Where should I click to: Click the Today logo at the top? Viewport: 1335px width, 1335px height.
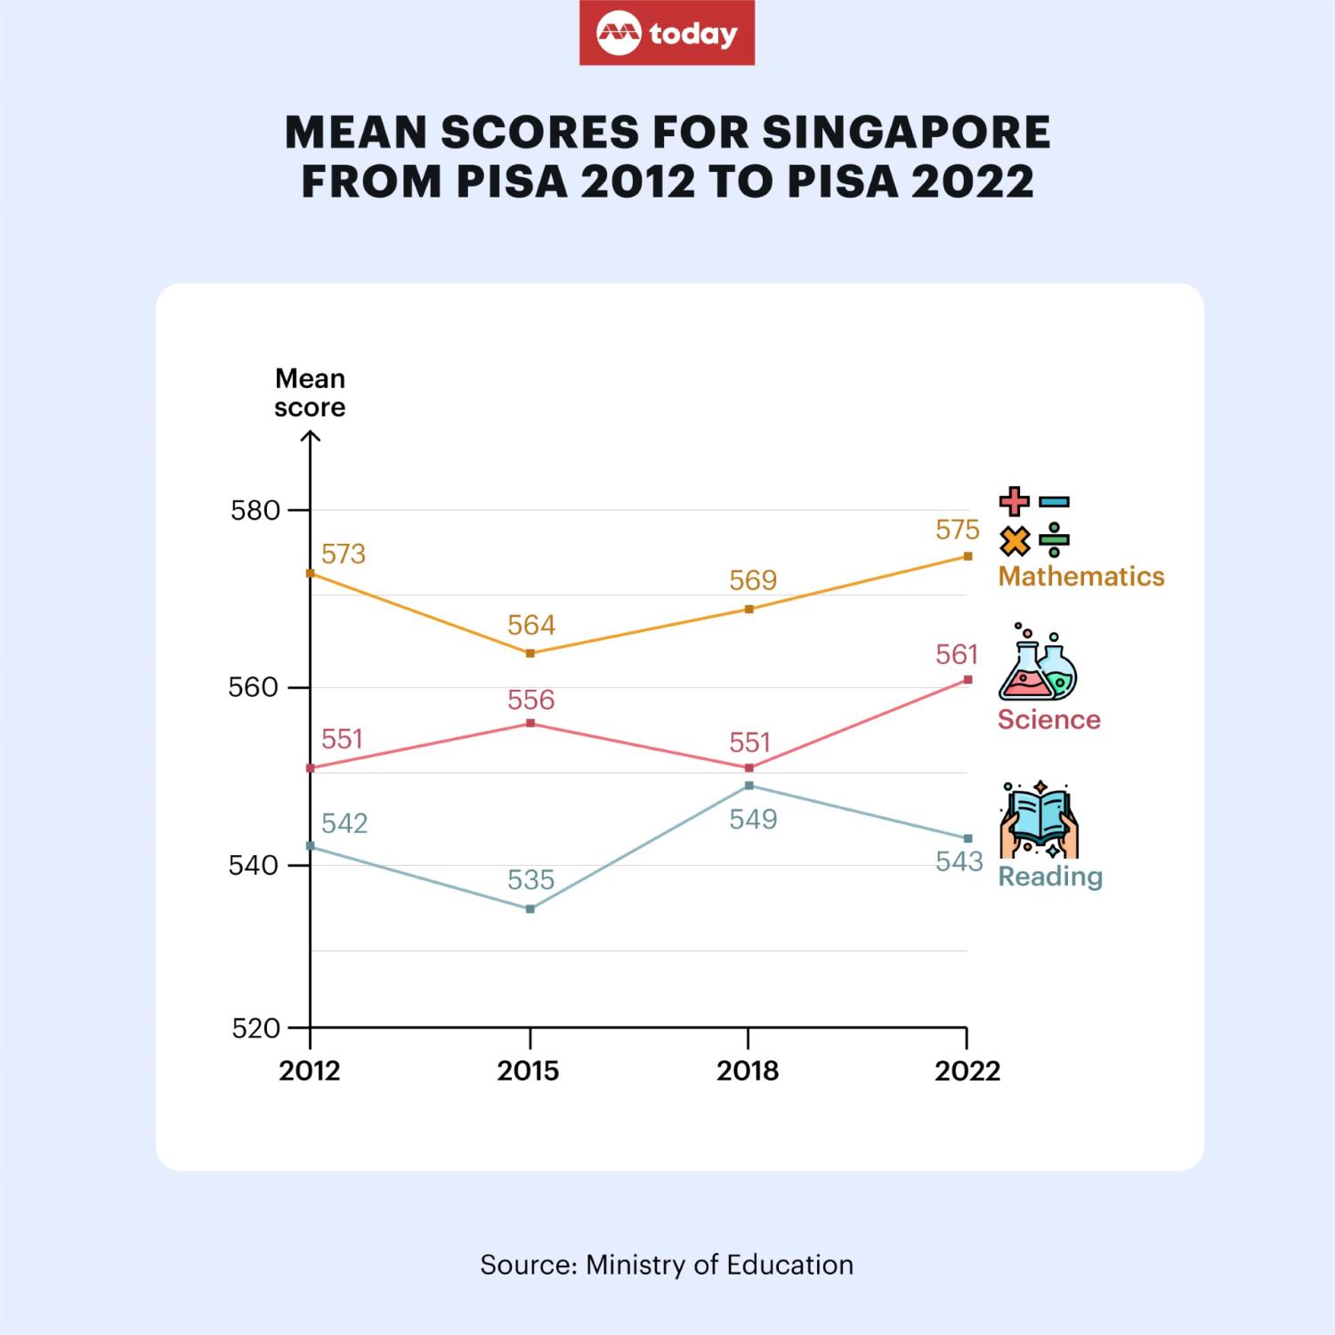click(x=667, y=33)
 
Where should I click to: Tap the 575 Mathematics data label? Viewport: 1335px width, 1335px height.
click(x=957, y=530)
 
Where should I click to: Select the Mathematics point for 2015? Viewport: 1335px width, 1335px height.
click(x=530, y=653)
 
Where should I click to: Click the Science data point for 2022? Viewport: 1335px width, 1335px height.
click(x=967, y=680)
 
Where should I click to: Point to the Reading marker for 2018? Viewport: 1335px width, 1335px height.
click(x=748, y=786)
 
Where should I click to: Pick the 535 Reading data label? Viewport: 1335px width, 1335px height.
click(x=530, y=880)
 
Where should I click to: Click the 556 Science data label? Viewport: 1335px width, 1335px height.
click(x=530, y=700)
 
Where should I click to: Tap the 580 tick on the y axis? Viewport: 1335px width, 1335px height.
click(x=255, y=511)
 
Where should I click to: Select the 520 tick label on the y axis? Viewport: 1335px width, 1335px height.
click(x=255, y=1029)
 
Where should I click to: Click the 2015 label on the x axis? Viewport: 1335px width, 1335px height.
click(x=529, y=1071)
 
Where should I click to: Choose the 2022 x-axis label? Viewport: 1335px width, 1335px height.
click(x=967, y=1071)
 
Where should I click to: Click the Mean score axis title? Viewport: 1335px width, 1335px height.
click(x=310, y=392)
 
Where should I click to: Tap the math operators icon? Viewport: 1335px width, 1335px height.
click(x=1034, y=522)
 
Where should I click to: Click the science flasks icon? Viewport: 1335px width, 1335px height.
click(x=1038, y=664)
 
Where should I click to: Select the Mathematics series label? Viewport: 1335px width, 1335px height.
click(x=1080, y=577)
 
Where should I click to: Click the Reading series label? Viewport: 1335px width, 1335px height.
click(x=1050, y=877)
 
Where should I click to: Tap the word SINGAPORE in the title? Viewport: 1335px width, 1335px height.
click(x=906, y=133)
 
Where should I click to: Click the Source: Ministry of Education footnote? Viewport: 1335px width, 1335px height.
click(x=667, y=1265)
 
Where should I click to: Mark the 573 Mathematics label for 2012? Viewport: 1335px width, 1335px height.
click(x=344, y=554)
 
